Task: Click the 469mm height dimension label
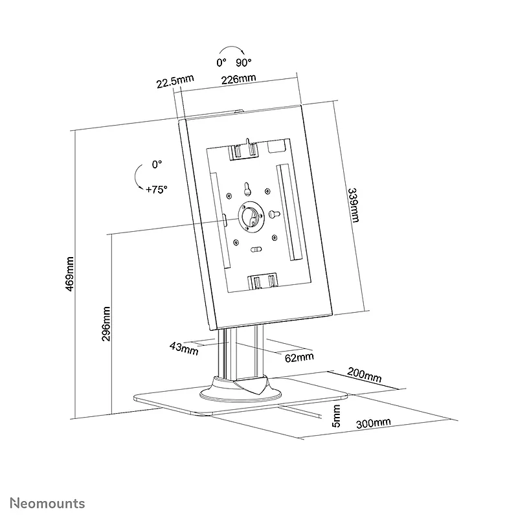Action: (70, 274)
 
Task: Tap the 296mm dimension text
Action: (106, 324)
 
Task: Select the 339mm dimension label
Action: (354, 205)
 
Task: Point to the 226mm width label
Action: (238, 79)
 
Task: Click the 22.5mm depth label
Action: (175, 82)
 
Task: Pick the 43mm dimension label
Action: (184, 348)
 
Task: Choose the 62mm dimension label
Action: (299, 357)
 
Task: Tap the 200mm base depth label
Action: (365, 375)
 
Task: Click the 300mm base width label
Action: (374, 423)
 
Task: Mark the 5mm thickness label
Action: (335, 416)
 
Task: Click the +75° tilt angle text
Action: (156, 189)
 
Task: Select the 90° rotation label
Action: (243, 62)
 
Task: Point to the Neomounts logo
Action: (47, 503)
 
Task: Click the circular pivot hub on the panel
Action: (251, 217)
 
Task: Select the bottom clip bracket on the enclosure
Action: (263, 281)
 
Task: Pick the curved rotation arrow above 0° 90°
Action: (232, 47)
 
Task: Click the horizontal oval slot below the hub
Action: (256, 249)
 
